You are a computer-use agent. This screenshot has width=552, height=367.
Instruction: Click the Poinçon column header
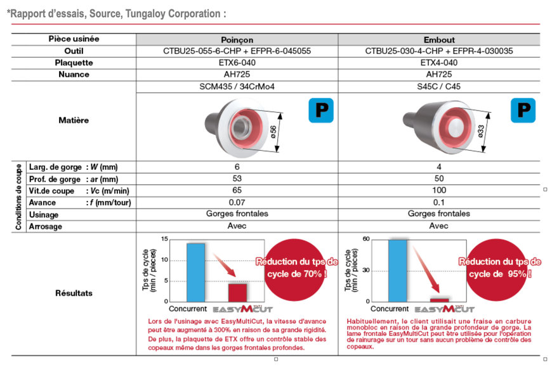pyautogui.click(x=237, y=40)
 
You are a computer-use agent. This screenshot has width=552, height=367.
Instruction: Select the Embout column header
pyautogui.click(x=439, y=40)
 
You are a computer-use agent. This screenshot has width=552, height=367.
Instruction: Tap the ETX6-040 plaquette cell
pyautogui.click(x=237, y=63)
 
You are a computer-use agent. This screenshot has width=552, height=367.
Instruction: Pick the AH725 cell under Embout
pyautogui.click(x=438, y=74)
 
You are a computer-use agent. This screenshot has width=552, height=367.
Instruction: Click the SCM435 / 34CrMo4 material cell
pyautogui.click(x=237, y=86)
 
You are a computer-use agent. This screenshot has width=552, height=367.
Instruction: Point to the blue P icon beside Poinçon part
pyautogui.click(x=321, y=110)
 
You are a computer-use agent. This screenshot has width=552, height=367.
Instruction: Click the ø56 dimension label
pyautogui.click(x=273, y=132)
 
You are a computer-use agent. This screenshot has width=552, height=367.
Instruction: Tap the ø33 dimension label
pyautogui.click(x=481, y=131)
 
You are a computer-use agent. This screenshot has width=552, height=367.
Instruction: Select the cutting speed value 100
pyautogui.click(x=439, y=190)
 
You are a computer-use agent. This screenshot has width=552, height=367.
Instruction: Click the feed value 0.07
pyautogui.click(x=237, y=202)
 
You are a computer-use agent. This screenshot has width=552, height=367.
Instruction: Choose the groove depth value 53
pyautogui.click(x=237, y=179)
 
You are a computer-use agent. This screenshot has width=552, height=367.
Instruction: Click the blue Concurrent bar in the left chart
pyautogui.click(x=195, y=273)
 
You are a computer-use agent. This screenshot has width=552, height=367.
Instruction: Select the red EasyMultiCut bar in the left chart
pyautogui.click(x=238, y=292)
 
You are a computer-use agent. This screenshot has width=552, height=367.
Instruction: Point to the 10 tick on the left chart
pyautogui.click(x=164, y=260)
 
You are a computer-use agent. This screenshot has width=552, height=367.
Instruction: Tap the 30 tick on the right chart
pyautogui.click(x=366, y=270)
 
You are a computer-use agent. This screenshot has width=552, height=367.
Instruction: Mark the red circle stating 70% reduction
pyautogui.click(x=295, y=269)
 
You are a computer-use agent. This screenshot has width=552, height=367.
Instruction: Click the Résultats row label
pyautogui.click(x=74, y=293)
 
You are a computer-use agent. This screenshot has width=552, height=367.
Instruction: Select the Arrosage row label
pyautogui.click(x=46, y=226)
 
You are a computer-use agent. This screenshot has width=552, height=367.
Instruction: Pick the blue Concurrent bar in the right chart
pyautogui.click(x=398, y=270)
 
